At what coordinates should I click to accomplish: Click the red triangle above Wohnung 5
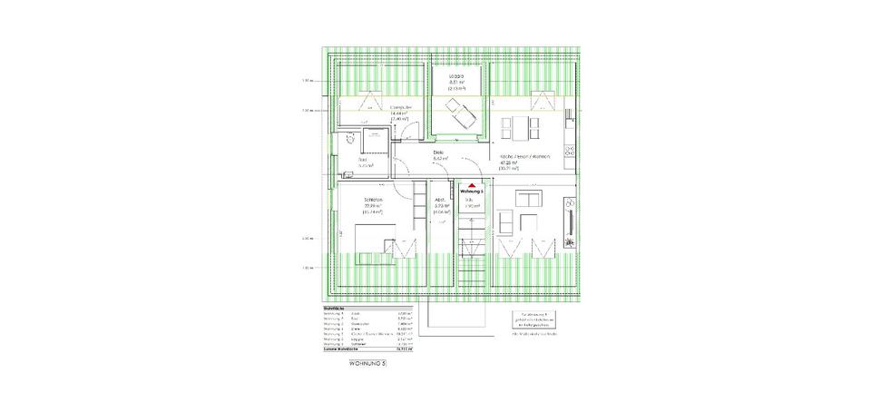point(472,184)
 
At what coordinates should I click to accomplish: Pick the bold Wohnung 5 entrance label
point(472,192)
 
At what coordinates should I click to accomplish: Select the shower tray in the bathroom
point(372,143)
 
